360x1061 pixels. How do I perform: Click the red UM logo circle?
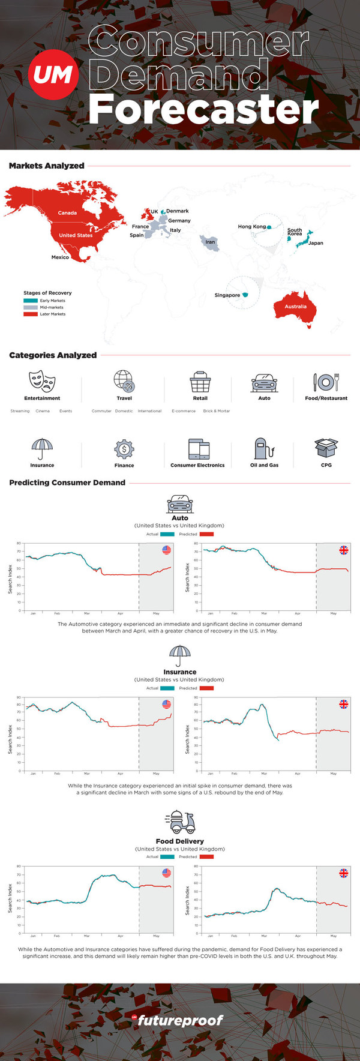[x=53, y=75]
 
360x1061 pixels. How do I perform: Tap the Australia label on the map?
[x=295, y=307]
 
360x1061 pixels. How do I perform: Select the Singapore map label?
[x=227, y=295]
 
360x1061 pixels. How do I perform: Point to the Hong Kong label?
[x=251, y=227]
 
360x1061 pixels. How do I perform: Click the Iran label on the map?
[x=210, y=242]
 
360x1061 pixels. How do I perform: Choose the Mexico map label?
[x=60, y=257]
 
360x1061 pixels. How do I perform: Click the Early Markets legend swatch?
[x=30, y=301]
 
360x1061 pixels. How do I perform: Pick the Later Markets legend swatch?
[x=30, y=314]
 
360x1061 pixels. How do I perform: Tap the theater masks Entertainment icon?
[x=42, y=380]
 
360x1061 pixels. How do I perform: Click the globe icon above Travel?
[x=124, y=380]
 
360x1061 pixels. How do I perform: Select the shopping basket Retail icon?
[x=200, y=382]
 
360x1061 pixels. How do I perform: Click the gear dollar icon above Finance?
[x=124, y=449]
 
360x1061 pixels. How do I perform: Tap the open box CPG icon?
[x=326, y=448]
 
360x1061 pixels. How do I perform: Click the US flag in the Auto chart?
[x=167, y=550]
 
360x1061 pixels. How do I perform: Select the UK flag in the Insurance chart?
[x=344, y=704]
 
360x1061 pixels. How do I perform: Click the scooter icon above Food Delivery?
[x=180, y=822]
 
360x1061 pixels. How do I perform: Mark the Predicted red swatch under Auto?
[x=206, y=534]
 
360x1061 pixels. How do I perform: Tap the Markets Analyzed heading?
[x=47, y=166]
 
